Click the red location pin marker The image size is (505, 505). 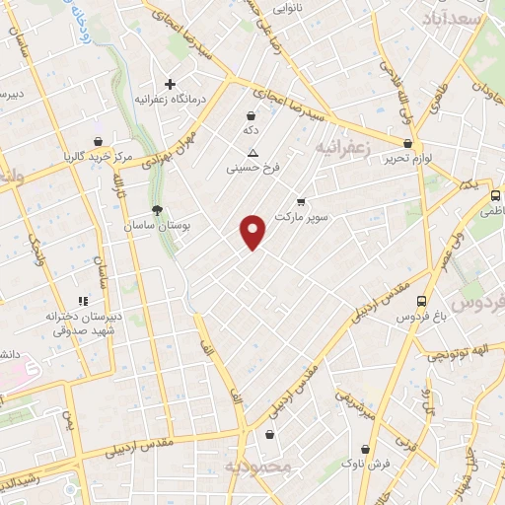[253, 231]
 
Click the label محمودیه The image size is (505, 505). [257, 467]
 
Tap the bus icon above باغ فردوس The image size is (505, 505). [422, 301]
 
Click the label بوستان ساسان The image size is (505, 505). [157, 226]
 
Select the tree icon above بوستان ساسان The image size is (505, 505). [157, 209]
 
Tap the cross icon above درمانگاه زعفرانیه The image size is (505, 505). [170, 84]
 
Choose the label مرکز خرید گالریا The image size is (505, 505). [98, 156]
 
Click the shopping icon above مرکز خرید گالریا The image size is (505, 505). [97, 140]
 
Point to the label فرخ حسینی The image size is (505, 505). [253, 169]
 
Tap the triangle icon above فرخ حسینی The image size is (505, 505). [253, 153]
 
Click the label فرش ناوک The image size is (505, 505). [367, 465]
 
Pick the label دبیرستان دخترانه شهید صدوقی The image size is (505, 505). [83, 324]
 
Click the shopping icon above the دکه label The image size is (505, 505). [252, 114]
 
